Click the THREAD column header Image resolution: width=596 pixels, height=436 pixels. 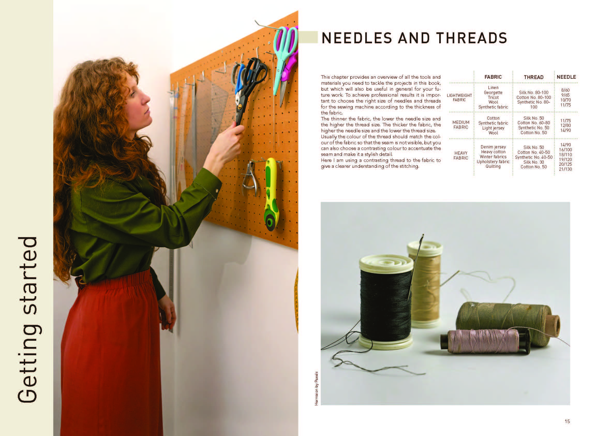533,77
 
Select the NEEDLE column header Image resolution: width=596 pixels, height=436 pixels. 566,77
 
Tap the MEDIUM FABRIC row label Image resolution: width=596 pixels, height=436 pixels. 461,125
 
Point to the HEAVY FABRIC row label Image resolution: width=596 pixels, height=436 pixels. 461,155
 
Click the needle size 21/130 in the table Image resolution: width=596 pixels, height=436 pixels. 565,169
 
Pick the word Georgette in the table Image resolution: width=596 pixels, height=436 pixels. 493,92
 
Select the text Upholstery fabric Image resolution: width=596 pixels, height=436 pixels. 493,162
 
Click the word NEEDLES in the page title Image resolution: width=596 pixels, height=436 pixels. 357,38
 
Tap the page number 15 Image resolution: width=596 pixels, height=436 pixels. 567,422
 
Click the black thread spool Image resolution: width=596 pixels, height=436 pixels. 385,302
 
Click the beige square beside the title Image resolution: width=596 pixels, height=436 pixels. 308,37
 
